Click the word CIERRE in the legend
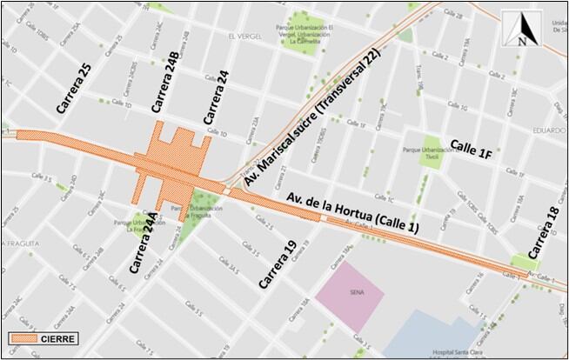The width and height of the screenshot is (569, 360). click(63, 339)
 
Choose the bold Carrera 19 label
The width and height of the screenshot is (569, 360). click(273, 263)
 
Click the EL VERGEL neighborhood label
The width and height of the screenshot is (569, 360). click(244, 37)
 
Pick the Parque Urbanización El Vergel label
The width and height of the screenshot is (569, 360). click(300, 36)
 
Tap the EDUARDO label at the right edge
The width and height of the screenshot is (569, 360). click(550, 130)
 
